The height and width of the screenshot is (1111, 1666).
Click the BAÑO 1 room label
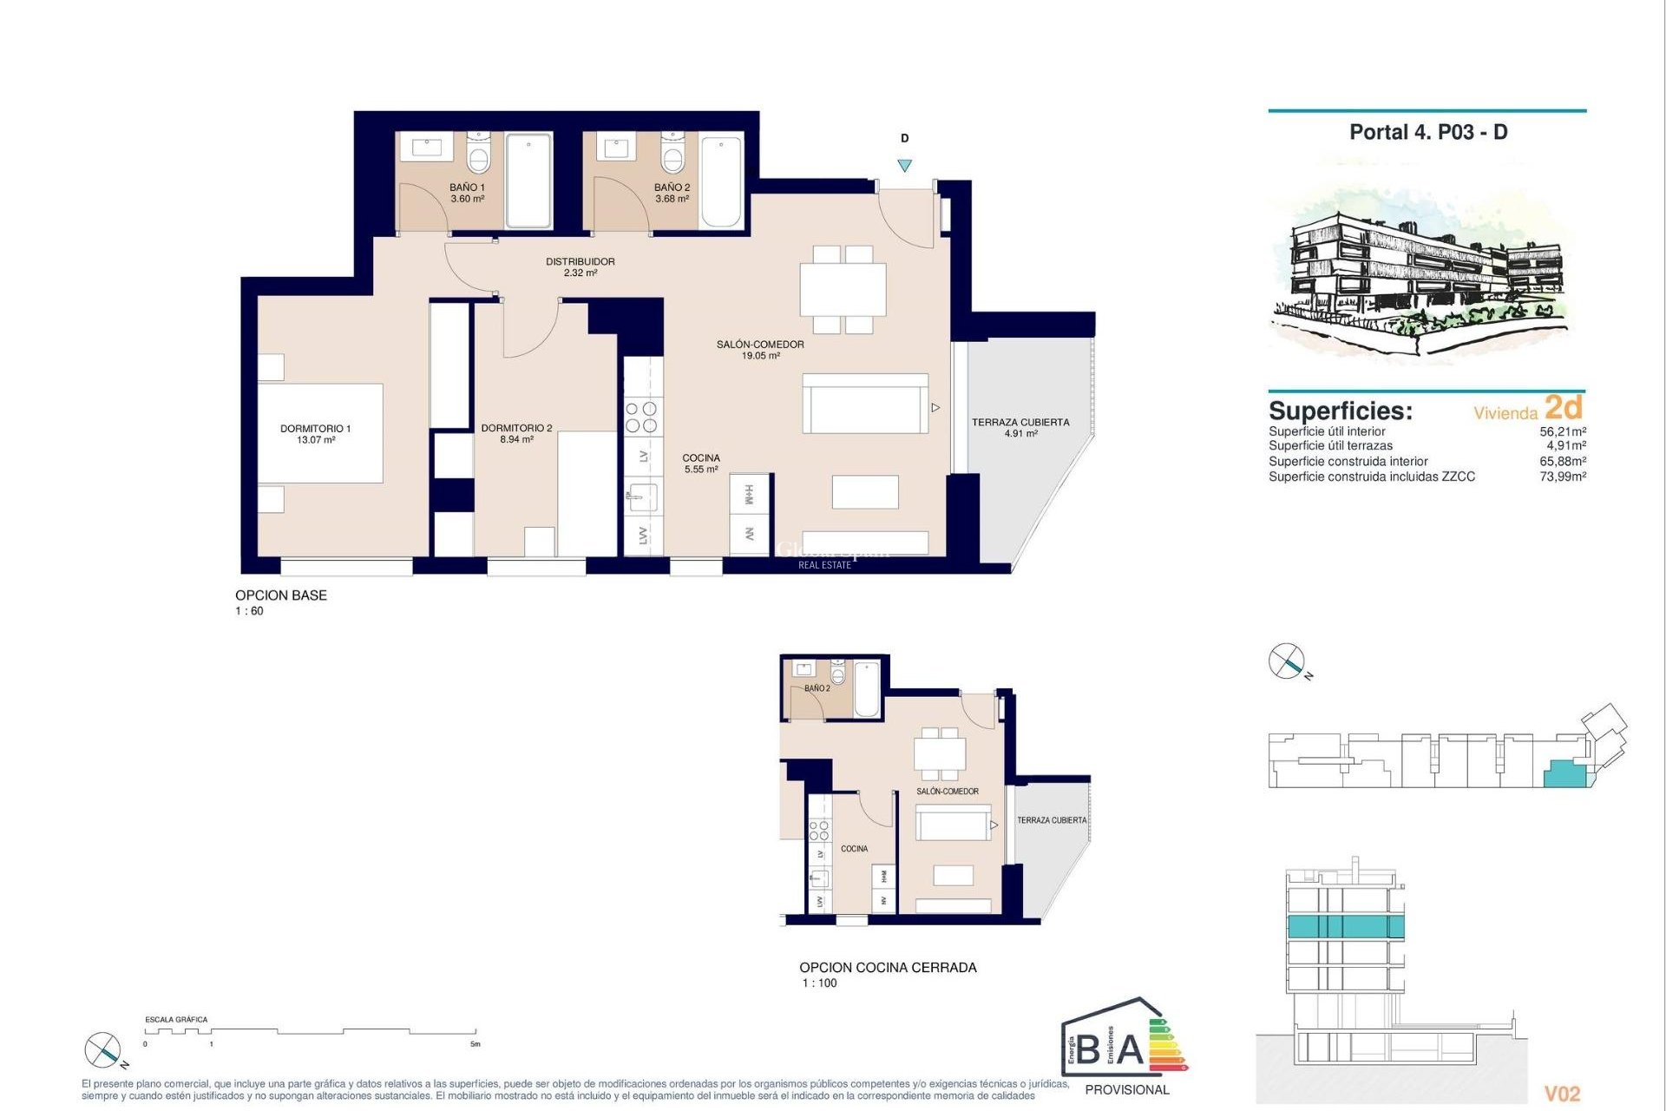[x=467, y=193]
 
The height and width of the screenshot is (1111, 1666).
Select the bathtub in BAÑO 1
[x=528, y=181]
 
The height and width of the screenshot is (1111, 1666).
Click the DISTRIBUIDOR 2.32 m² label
[x=580, y=266]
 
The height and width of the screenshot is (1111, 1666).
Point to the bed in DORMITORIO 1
[x=321, y=433]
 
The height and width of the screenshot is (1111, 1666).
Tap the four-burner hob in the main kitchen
[x=642, y=417]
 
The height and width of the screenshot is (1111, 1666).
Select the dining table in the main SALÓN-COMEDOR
[x=843, y=290]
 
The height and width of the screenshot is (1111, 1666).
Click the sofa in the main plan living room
[x=865, y=404]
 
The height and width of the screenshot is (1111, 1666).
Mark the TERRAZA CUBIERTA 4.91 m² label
[x=1020, y=427]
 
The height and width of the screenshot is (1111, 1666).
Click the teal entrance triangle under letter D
[x=904, y=165]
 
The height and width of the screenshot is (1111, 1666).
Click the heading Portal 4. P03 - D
[x=1428, y=132]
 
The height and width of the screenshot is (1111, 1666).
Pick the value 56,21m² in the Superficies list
[x=1563, y=431]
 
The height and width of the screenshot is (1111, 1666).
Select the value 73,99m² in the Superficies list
[x=1563, y=477]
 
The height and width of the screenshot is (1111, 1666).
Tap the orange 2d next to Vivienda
[x=1564, y=407]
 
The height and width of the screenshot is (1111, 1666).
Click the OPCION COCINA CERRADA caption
[x=888, y=967]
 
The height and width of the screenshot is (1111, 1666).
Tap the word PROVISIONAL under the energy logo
[x=1127, y=1089]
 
